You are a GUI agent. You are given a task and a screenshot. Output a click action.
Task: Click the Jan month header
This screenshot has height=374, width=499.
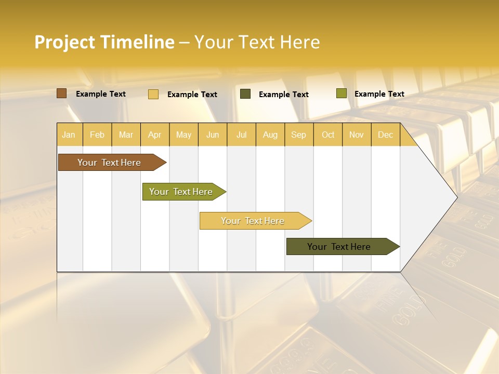tap(69, 135)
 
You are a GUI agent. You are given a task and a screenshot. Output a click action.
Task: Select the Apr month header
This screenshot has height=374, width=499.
tap(154, 135)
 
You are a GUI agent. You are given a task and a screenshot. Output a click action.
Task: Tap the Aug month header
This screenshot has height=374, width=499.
tap(270, 135)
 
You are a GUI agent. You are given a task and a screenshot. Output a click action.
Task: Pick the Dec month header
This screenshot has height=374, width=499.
tap(385, 135)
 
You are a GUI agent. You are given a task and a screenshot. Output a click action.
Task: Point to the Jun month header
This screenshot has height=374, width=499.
tap(213, 135)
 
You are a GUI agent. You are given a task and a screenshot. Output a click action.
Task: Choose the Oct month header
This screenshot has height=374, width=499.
tap(328, 135)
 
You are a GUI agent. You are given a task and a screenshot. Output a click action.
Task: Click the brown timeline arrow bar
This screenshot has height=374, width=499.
tap(109, 163)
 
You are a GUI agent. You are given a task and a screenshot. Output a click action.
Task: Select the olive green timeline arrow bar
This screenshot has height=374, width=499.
tap(181, 192)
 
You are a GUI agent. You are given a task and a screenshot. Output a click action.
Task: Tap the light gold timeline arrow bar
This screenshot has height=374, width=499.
tap(253, 221)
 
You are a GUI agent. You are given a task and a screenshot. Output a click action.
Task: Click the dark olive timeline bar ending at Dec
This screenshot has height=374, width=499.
tap(339, 247)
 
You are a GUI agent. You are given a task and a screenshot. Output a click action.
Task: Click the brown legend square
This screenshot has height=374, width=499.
tap(62, 94)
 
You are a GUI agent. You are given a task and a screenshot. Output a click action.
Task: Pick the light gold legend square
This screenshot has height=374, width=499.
tap(153, 94)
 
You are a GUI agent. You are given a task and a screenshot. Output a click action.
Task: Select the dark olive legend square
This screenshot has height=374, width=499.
tap(245, 94)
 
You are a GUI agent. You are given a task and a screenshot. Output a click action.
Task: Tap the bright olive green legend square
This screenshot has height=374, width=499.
tap(341, 94)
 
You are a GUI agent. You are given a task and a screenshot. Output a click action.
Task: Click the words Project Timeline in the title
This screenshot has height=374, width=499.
tap(104, 42)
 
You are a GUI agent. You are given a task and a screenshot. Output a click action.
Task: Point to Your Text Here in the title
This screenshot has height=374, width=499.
tap(257, 42)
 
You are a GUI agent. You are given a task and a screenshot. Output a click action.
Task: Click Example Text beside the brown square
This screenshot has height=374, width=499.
tap(101, 94)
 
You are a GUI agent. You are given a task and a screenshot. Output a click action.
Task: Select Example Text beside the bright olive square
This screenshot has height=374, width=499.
tap(379, 94)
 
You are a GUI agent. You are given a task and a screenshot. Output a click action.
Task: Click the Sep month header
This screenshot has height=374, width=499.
tap(298, 135)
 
